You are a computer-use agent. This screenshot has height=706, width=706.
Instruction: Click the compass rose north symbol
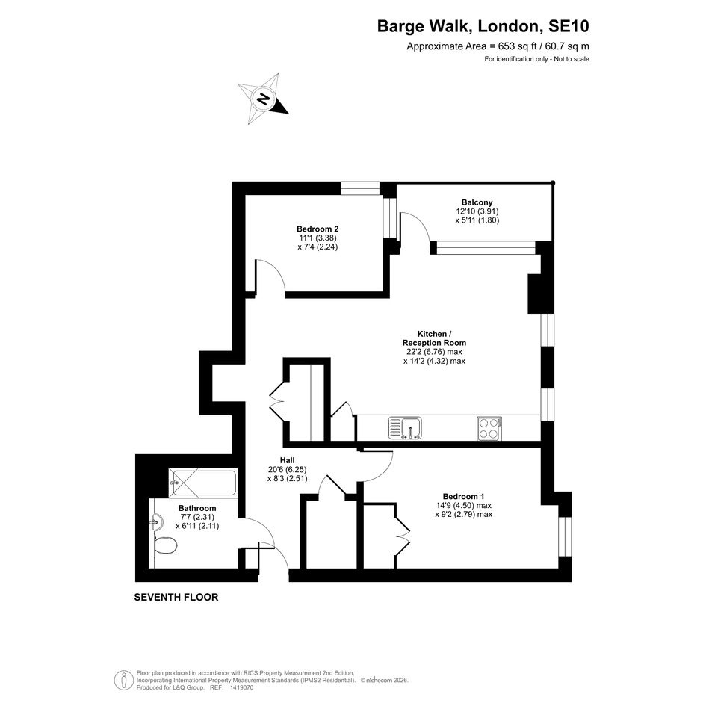pyautogui.click(x=263, y=99)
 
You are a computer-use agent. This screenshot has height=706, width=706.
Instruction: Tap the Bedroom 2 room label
pyautogui.click(x=318, y=229)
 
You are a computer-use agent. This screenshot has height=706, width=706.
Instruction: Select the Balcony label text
pyautogui.click(x=477, y=202)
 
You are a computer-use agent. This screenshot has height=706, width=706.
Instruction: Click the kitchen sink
pyautogui.click(x=405, y=428)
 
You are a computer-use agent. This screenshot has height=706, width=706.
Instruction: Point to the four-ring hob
pyautogui.click(x=489, y=428)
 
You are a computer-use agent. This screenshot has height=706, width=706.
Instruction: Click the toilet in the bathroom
pyautogui.click(x=165, y=545)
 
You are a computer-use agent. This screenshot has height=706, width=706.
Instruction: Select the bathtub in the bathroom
pyautogui.click(x=202, y=483)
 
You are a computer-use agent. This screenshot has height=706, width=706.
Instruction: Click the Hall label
pyautogui.click(x=288, y=460)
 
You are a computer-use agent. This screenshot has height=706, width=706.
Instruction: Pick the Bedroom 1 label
pyautogui.click(x=463, y=496)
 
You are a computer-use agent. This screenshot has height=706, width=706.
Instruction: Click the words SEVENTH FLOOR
pyautogui.click(x=176, y=597)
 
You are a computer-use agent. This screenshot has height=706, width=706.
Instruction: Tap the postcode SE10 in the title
pyautogui.click(x=569, y=26)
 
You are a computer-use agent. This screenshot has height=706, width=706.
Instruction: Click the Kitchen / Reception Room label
pyautogui.click(x=435, y=338)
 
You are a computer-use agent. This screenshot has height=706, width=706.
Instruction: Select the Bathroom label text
pyautogui.click(x=197, y=508)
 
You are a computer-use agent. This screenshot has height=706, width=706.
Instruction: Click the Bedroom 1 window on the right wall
pyautogui.click(x=565, y=536)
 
